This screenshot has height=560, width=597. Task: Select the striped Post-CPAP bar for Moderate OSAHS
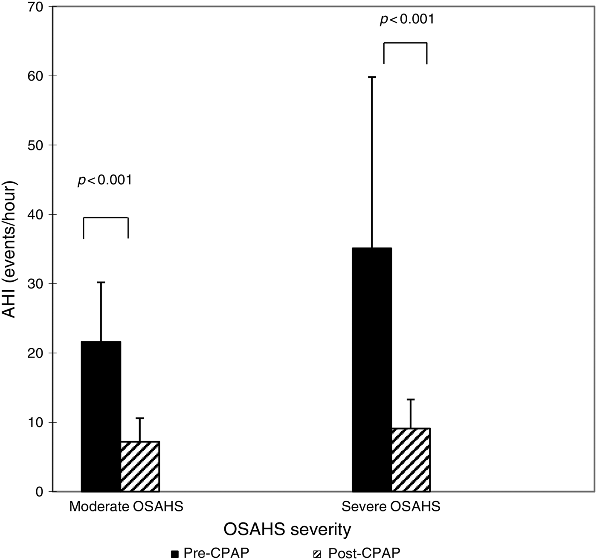(x=140, y=467)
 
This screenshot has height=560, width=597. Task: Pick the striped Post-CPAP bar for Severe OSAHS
(x=411, y=460)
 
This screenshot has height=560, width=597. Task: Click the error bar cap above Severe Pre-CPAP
(x=372, y=77)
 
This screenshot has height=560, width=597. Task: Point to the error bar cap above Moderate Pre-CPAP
(x=101, y=282)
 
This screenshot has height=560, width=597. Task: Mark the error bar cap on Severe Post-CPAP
(x=411, y=399)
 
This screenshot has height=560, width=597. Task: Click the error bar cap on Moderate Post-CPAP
(x=140, y=418)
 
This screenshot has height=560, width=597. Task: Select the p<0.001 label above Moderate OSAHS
(x=105, y=180)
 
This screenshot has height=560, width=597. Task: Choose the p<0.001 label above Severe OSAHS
(x=407, y=20)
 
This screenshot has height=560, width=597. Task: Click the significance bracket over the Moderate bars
(x=105, y=218)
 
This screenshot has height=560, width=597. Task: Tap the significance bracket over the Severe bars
(x=405, y=43)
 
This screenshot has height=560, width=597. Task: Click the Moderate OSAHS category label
(x=126, y=507)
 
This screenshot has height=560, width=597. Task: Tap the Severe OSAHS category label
(x=391, y=507)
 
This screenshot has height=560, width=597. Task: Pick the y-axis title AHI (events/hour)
(x=10, y=249)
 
